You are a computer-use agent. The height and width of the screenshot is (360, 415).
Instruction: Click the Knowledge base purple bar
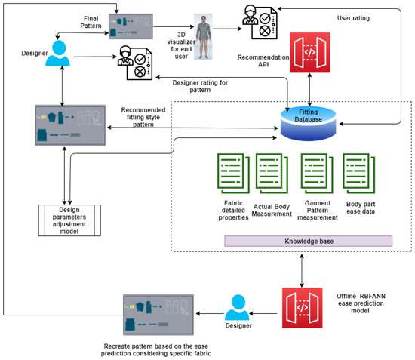308,241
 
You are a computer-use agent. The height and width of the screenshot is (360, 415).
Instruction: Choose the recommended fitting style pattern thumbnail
69,123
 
